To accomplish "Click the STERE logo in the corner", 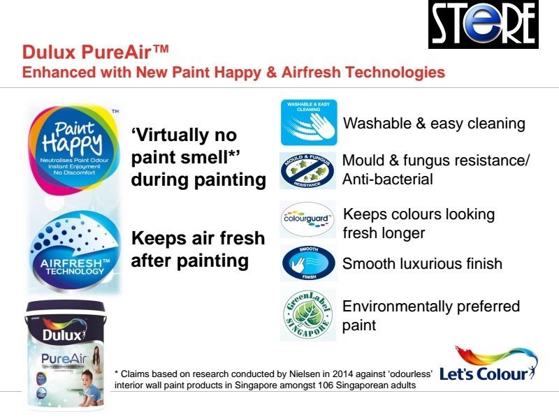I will click(483, 25).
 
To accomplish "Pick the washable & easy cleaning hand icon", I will click(308, 123).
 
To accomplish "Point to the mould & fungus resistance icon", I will click(307, 170).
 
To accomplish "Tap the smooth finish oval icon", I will click(307, 264).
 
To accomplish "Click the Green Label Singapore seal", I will click(307, 314).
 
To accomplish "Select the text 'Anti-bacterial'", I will click(388, 179).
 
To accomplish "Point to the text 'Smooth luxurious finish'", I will click(422, 264).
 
